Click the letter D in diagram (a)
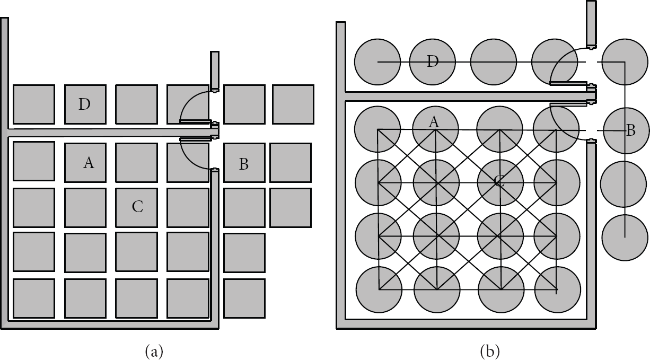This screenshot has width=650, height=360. point(84,104)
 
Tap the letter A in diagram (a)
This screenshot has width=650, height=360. point(89,162)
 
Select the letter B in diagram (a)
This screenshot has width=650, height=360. point(244,164)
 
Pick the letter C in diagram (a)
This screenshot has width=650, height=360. point(137,207)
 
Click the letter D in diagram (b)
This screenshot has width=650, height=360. point(433,62)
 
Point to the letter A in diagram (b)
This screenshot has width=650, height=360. point(434,122)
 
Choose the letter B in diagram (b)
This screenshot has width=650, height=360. point(631,130)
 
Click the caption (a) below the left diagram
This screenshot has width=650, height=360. point(154,352)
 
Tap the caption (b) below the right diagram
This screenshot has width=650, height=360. point(490,352)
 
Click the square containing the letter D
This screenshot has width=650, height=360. point(85,104)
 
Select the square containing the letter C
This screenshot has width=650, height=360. point(137,208)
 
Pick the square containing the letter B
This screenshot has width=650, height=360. point(244,163)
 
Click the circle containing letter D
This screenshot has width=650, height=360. point(433,62)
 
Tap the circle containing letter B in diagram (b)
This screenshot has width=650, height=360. point(626,130)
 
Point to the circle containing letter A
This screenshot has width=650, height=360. point(436,129)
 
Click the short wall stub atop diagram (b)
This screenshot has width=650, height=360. point(592,24)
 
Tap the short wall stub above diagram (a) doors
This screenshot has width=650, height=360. point(215,71)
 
